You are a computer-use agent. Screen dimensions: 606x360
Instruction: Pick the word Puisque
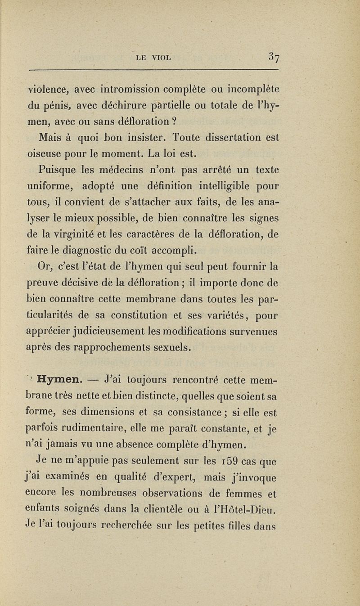point(56,171)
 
